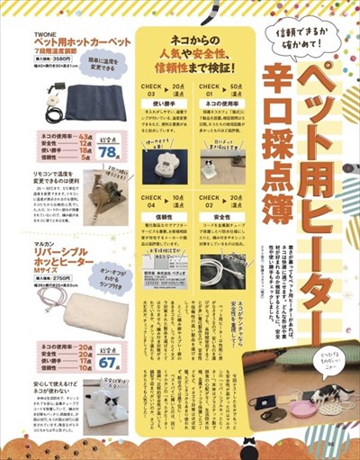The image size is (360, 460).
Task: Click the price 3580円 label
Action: [55, 59]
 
